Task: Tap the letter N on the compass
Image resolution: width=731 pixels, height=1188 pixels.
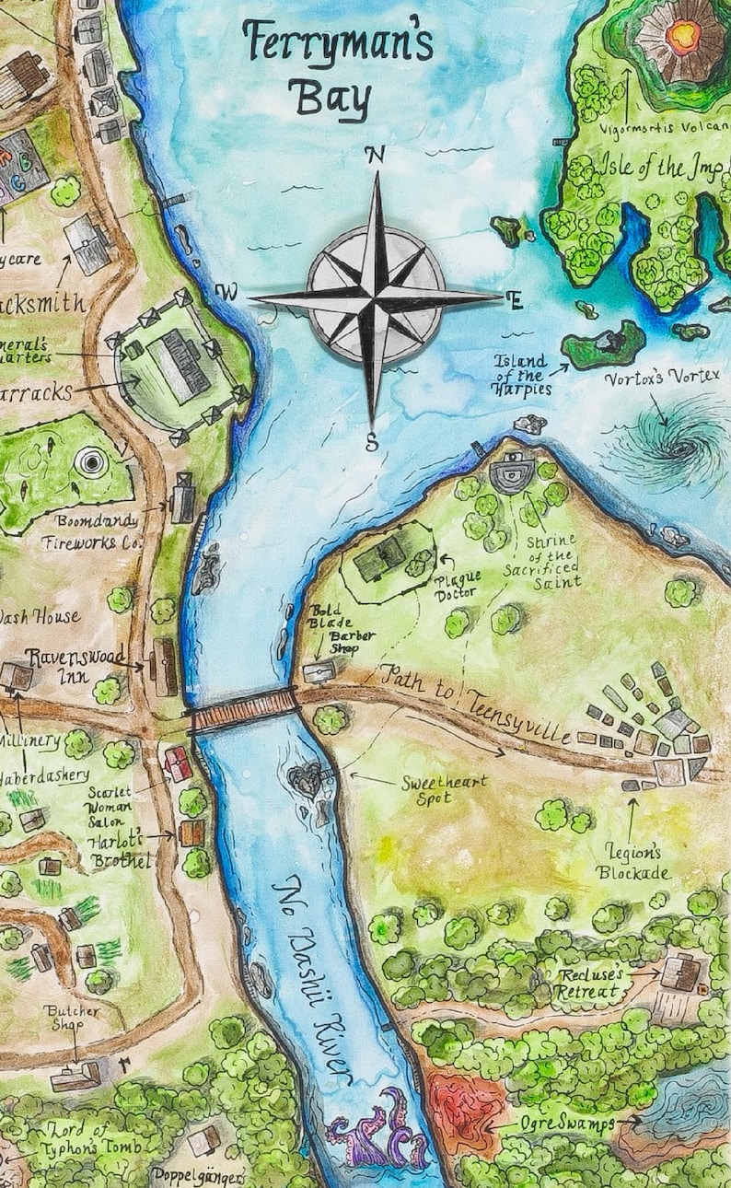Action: (x=375, y=156)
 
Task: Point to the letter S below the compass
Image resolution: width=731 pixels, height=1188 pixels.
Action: (x=371, y=443)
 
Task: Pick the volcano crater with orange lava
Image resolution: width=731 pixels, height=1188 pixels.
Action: (x=682, y=38)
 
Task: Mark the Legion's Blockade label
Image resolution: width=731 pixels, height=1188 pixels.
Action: (x=632, y=862)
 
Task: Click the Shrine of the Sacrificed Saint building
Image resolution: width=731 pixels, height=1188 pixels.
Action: (x=507, y=473)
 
